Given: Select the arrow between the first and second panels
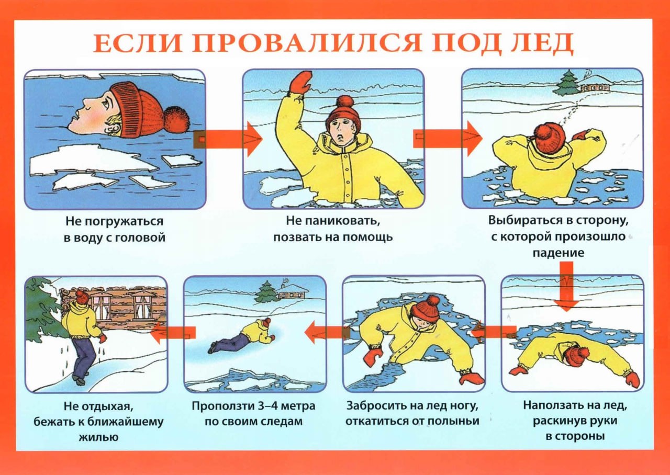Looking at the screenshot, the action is pyautogui.click(x=228, y=139).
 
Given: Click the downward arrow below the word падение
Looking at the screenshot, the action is pyautogui.click(x=567, y=286).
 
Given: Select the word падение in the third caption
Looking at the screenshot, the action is pyautogui.click(x=558, y=253).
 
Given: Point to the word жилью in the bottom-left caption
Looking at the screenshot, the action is pyautogui.click(x=99, y=437).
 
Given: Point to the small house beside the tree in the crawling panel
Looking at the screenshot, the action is pyautogui.click(x=292, y=291).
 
